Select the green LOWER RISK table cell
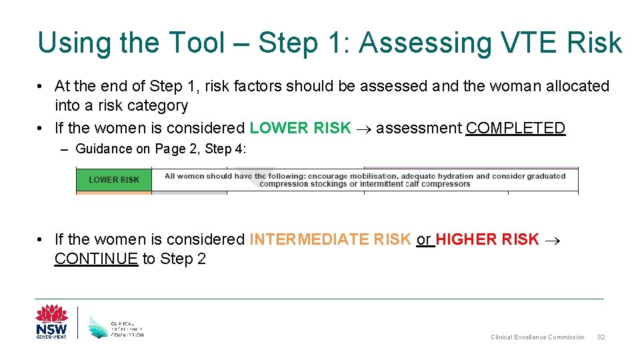tap(114, 179)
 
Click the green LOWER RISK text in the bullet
tap(300, 128)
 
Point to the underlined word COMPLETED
tap(515, 128)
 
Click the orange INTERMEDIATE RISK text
tap(330, 239)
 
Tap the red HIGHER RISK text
tap(487, 239)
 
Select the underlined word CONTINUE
tap(96, 259)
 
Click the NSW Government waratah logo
tap(51, 322)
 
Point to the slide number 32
tap(601, 337)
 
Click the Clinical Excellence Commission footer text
tap(537, 337)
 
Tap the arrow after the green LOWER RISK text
tap(363, 129)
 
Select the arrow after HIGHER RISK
tap(552, 239)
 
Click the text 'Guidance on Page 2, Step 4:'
tap(161, 149)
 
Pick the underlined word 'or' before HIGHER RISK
tap(424, 239)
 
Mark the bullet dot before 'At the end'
tap(41, 87)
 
